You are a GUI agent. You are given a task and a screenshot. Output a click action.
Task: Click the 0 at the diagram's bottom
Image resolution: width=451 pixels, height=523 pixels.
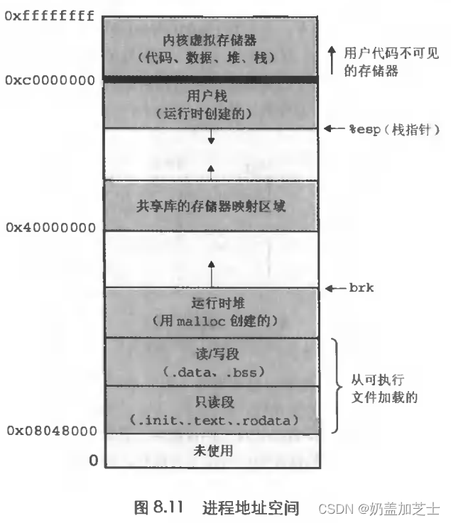coord(93,461)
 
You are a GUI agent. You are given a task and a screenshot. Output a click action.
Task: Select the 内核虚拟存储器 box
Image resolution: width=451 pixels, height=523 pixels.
coord(210,44)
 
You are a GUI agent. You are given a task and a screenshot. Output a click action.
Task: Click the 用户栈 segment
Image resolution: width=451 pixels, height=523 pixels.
coord(210,104)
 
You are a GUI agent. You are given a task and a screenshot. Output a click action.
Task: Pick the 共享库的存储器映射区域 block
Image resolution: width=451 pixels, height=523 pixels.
coord(210,206)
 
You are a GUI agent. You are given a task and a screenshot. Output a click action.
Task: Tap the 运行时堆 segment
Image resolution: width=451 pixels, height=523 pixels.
coord(210,312)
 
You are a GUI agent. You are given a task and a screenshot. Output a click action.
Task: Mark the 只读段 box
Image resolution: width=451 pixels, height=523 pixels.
coord(210,409)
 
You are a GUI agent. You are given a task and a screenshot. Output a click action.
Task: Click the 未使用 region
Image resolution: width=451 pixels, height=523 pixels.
coord(210,450)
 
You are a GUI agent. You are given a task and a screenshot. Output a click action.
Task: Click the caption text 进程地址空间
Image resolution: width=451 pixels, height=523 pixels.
coord(251,507)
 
